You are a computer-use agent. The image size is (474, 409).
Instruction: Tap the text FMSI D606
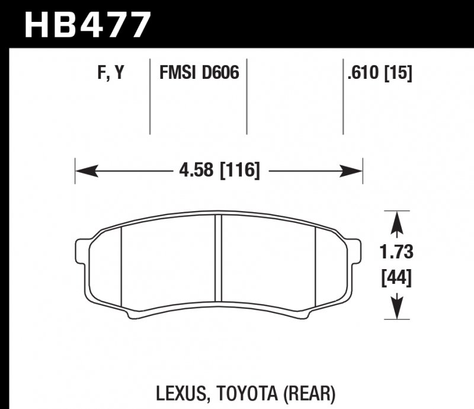coord(198,74)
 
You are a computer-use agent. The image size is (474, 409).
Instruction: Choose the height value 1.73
coord(396,253)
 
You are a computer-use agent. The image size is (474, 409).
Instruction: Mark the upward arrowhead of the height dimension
coord(396,221)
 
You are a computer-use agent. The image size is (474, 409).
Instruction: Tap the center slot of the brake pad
coord(217,258)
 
